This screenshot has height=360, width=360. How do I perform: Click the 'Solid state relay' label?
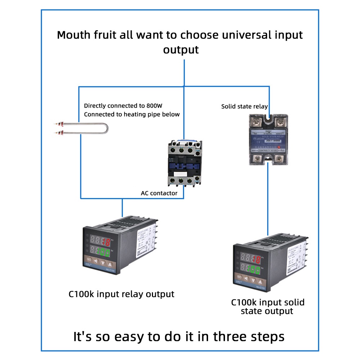(244, 106)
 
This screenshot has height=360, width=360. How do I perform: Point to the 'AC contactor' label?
(159, 193)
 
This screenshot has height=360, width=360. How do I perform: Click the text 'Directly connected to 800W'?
(123, 106)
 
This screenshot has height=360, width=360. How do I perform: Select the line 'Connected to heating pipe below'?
(131, 114)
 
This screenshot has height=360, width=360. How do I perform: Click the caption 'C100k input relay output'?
(121, 294)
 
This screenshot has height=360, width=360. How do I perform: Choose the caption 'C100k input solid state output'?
(267, 306)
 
